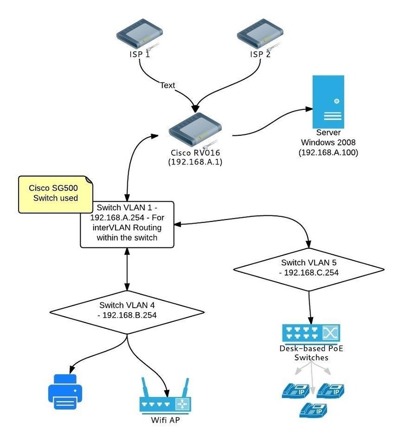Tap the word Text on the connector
(168, 85)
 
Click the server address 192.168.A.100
(328, 152)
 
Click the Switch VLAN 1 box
(127, 224)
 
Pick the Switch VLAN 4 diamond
(127, 310)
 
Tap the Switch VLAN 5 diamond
(309, 267)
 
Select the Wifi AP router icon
(165, 401)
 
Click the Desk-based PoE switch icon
(310, 333)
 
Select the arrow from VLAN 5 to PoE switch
(310, 305)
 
